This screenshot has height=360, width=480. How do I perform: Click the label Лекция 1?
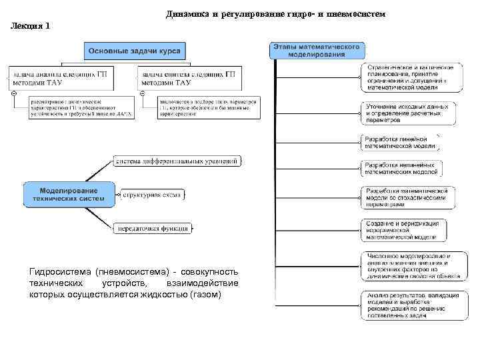(x=31, y=26)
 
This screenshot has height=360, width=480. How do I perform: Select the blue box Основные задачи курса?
(x=135, y=51)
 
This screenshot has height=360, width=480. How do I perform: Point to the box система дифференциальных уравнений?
(x=177, y=161)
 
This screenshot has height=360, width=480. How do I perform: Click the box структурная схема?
(x=151, y=195)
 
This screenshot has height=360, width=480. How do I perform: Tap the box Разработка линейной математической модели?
(x=400, y=143)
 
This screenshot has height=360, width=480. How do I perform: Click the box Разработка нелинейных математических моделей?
(x=401, y=168)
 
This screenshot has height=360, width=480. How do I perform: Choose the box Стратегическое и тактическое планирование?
(x=409, y=77)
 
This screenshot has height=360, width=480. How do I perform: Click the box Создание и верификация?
(x=401, y=229)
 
